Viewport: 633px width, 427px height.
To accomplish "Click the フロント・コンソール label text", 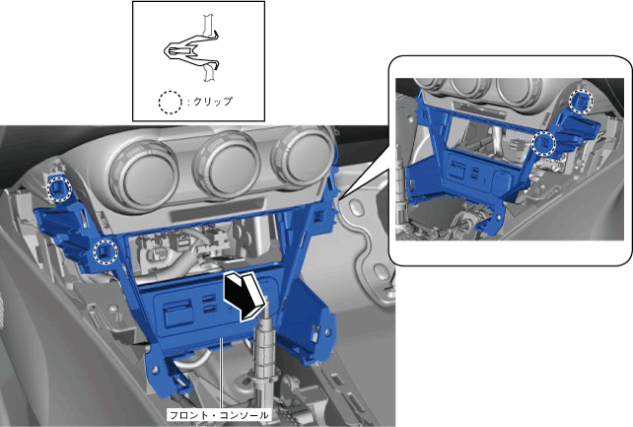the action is point(219,415).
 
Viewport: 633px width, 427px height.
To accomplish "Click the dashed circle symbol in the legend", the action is point(170,102).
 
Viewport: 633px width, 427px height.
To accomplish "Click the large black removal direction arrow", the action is point(242,296).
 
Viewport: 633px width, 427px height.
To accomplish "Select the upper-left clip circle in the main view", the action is point(59,188).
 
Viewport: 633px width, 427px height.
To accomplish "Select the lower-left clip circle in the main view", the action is point(105,251).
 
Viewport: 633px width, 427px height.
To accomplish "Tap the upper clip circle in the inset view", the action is point(582,101).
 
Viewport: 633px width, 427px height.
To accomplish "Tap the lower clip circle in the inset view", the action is point(544,144).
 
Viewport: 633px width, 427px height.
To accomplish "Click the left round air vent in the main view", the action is point(144,173).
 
